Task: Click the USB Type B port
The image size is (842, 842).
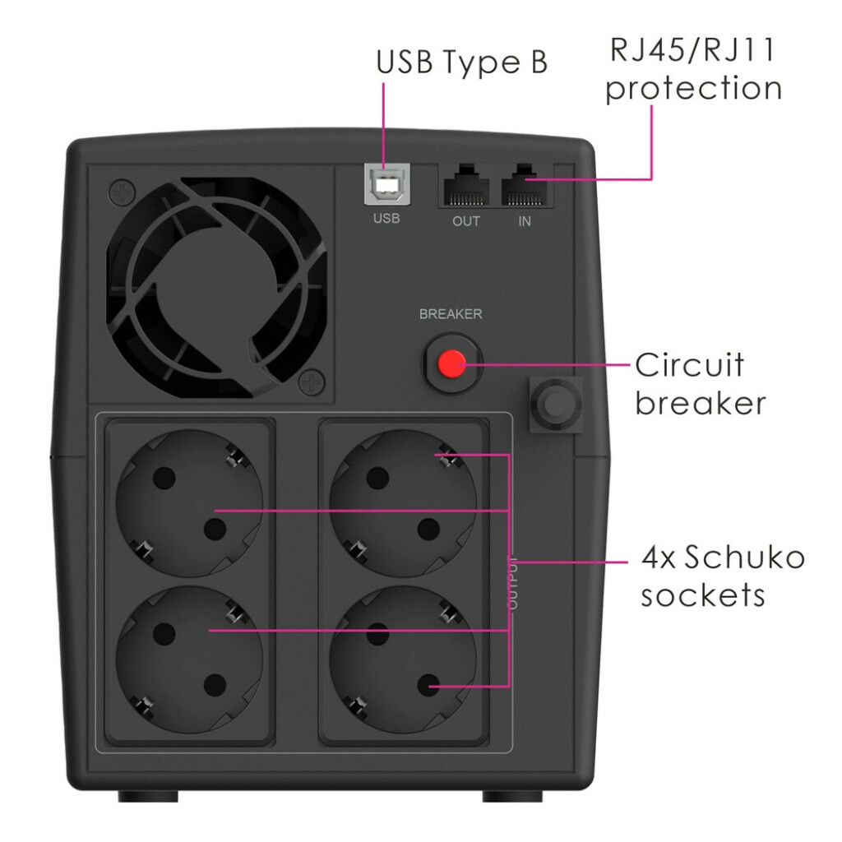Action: coord(386,185)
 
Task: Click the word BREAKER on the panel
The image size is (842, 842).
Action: coord(451,314)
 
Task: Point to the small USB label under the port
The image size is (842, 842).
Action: coord(386,219)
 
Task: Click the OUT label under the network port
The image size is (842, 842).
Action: coord(466,221)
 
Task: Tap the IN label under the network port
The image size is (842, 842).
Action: coord(525,221)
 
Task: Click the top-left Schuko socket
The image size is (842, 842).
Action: coord(190,503)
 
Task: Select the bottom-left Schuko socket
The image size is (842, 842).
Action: coord(190,659)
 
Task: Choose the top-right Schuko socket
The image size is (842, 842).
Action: coord(403,503)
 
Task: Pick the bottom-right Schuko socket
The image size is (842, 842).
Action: coord(403,659)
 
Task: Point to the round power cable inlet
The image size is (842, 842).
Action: coord(556,404)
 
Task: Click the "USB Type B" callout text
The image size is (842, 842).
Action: coord(462,62)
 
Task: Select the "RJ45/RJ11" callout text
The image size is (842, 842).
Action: coord(692,50)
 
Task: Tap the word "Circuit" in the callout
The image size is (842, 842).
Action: coord(690,365)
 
